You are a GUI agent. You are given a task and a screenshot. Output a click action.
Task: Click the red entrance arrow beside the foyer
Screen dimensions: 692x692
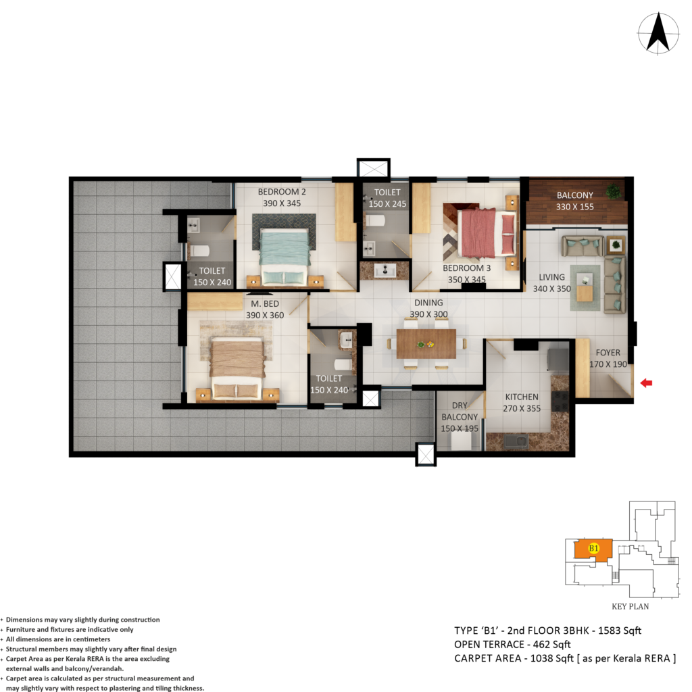point(646,383)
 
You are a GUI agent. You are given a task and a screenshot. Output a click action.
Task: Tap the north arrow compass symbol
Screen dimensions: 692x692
point(658,34)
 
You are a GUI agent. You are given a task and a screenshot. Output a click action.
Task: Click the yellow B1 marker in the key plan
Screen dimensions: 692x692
point(593,548)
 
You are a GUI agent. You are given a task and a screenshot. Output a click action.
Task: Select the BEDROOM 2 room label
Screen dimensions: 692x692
point(282,192)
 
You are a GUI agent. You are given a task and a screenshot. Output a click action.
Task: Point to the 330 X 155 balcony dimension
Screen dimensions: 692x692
point(574,207)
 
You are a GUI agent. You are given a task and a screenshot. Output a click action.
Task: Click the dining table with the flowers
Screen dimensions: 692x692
point(426,344)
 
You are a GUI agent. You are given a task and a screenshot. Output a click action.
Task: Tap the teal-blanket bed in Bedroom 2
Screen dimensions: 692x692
point(285,257)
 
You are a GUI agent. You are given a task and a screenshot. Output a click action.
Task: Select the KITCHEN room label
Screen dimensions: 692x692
point(522,397)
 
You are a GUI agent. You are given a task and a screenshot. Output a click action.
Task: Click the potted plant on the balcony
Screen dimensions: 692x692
point(612,191)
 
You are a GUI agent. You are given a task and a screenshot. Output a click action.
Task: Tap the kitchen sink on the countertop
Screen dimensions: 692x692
point(516,441)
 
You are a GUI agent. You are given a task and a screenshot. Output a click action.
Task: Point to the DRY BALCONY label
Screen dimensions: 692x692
point(460,411)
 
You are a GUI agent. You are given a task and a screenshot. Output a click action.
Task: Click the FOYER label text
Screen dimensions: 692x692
point(608,353)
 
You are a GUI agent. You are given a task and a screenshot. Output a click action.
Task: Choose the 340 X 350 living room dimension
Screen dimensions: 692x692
point(551,289)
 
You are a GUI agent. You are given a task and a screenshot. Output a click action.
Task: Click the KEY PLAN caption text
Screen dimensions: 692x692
point(631,606)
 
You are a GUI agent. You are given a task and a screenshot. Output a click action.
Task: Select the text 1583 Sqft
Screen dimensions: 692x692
point(620,631)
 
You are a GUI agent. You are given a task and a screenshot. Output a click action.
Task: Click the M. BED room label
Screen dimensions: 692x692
point(265,303)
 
